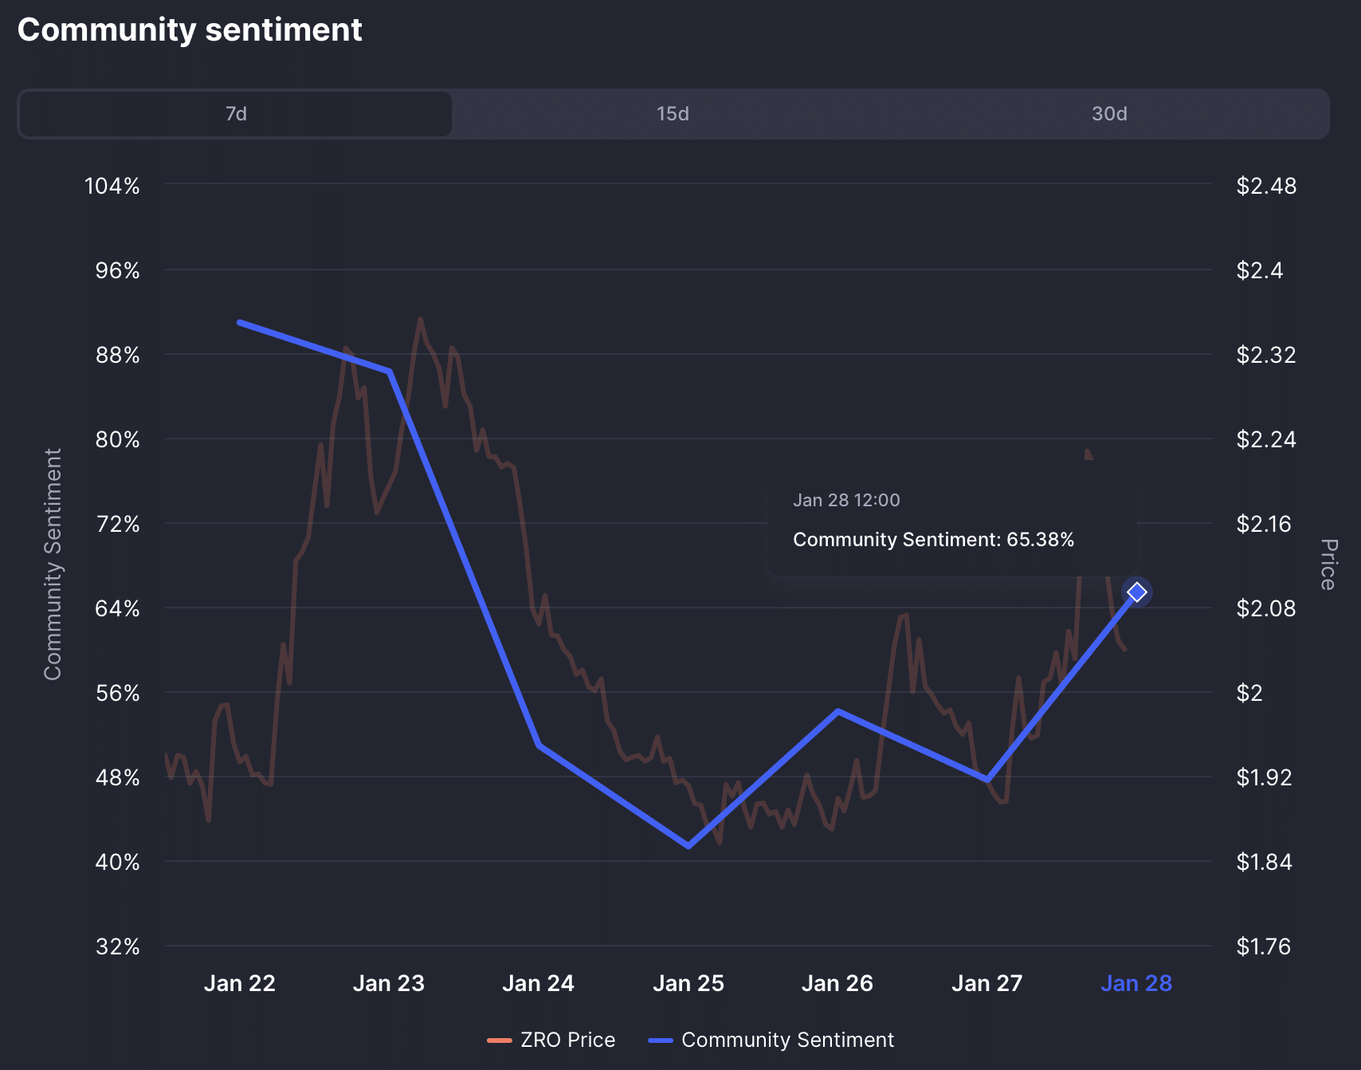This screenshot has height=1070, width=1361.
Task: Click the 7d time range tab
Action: click(x=236, y=114)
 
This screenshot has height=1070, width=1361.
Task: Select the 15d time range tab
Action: click(x=673, y=114)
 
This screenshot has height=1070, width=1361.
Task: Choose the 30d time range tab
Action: click(x=1109, y=114)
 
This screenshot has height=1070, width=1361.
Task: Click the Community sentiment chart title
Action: click(x=190, y=30)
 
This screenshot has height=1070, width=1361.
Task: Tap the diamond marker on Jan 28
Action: click(x=1137, y=592)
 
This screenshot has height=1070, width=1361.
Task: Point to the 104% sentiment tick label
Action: click(x=112, y=187)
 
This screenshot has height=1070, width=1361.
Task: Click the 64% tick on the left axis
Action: click(x=117, y=609)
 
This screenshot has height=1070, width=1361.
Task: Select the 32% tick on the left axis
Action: click(x=117, y=947)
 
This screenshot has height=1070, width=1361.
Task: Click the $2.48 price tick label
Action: click(x=1266, y=187)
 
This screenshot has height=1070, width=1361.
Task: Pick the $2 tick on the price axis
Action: click(x=1249, y=694)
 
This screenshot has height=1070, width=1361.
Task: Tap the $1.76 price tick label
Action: click(x=1263, y=947)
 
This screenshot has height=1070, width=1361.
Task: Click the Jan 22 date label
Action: click(x=240, y=984)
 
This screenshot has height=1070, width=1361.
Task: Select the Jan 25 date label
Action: click(x=688, y=984)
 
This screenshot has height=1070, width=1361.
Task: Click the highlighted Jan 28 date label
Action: click(x=1136, y=984)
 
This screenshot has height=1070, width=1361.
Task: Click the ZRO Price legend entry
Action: click(x=551, y=1040)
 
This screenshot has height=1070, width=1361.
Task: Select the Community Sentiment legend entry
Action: click(x=771, y=1040)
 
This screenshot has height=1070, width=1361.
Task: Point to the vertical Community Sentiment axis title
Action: click(x=53, y=565)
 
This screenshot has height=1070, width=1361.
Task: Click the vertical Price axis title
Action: click(x=1328, y=565)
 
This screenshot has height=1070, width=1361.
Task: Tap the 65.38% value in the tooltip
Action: click(x=1040, y=540)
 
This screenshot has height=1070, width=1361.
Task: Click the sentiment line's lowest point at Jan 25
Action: click(x=688, y=846)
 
